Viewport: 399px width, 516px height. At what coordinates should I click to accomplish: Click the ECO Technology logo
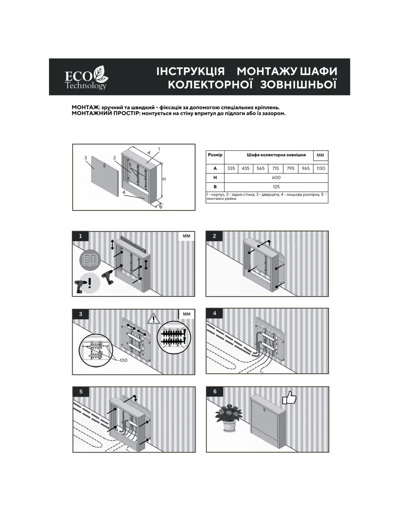coord(86,77)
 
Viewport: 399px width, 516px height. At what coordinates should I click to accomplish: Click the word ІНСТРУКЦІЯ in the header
coord(190,71)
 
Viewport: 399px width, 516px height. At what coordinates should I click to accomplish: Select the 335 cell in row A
coord(231,168)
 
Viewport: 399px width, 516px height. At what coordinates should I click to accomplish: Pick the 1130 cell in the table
coord(321,168)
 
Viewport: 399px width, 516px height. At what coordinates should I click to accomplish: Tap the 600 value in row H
coord(276,178)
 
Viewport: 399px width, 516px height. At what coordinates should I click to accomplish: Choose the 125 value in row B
coord(276,187)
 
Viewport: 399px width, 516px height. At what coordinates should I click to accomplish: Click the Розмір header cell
coord(215,155)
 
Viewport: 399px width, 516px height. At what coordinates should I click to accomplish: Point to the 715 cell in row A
coord(276,168)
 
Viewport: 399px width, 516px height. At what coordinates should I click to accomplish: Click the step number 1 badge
coord(81,236)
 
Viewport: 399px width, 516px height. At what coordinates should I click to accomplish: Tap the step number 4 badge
coord(214,314)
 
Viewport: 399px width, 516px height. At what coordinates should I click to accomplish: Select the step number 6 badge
coord(215,392)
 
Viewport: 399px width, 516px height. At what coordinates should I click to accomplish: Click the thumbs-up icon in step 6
coord(289,398)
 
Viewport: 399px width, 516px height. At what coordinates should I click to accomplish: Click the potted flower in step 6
coord(228,417)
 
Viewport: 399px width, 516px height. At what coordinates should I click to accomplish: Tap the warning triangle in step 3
coord(154,319)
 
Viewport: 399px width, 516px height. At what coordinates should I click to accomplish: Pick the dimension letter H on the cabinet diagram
coord(164,179)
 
